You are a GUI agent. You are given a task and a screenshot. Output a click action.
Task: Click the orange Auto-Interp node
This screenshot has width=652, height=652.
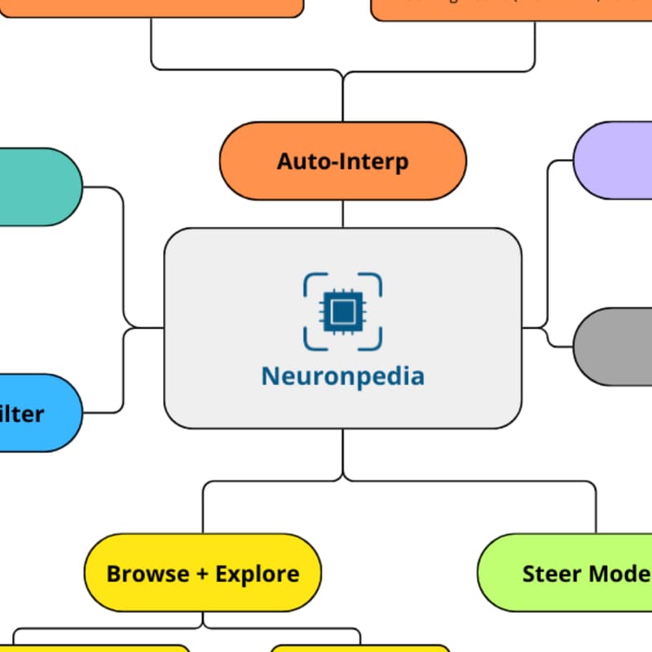[342, 161]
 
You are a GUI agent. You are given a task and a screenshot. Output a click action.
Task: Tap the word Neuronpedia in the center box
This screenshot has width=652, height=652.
[342, 377]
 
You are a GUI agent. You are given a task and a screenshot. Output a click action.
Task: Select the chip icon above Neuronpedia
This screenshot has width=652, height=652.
[342, 311]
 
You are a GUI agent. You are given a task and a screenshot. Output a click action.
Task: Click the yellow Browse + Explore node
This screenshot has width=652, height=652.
[203, 573]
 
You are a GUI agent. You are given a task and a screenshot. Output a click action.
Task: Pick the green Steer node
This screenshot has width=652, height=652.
[570, 573]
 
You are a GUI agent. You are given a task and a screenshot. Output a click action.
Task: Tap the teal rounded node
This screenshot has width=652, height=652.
[37, 187]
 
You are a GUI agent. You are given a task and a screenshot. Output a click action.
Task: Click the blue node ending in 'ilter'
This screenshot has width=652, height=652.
[37, 412]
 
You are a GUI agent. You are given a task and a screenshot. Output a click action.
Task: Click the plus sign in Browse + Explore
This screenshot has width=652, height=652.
[203, 574]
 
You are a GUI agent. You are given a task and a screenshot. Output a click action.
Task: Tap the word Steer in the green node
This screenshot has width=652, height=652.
[550, 574]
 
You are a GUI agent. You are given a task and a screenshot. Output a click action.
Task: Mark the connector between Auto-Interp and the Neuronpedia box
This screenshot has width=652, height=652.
[342, 214]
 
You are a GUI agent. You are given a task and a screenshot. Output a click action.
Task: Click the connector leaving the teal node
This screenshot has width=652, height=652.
[104, 187]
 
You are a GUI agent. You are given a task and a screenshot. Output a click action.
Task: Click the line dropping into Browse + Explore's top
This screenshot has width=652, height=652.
[203, 509]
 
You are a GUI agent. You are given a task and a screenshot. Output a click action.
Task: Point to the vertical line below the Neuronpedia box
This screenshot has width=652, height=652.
[342, 453]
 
